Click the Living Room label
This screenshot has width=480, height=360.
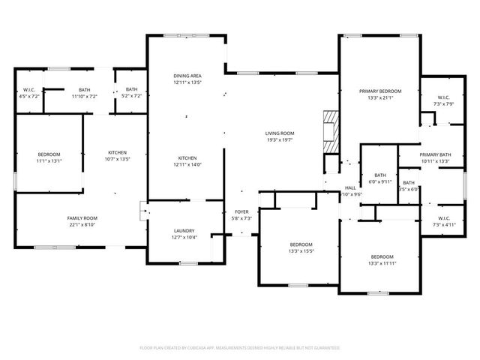click(279, 136)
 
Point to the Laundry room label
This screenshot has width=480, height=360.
click(184, 233)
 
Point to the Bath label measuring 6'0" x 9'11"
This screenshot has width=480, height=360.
click(380, 178)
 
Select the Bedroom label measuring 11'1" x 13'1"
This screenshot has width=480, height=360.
click(49, 157)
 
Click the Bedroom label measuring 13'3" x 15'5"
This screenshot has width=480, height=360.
click(301, 247)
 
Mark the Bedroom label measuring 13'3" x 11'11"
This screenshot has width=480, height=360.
click(381, 259)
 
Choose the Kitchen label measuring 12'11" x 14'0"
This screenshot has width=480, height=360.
click(187, 160)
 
